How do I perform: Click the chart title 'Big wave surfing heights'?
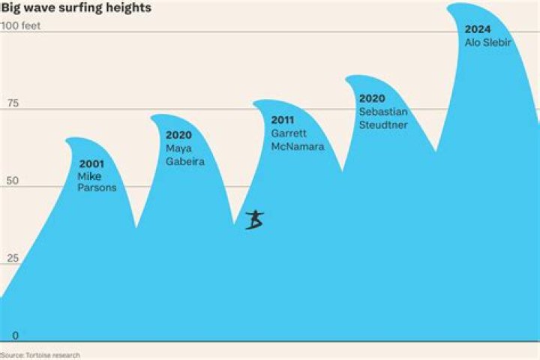point(76,7)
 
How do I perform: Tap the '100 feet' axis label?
point(21,25)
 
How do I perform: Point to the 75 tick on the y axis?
point(13,103)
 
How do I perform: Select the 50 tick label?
point(13,181)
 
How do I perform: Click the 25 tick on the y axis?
point(13,258)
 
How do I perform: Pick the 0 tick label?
point(16,335)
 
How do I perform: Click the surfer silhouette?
point(255,220)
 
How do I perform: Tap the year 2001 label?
point(91,164)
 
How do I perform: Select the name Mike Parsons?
point(97,182)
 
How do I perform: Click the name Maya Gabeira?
point(185,154)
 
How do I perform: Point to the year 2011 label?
point(283,120)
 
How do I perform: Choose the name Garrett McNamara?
point(298,139)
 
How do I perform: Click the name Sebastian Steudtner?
point(383,118)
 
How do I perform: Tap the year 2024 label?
point(478,29)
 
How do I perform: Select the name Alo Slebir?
point(488,42)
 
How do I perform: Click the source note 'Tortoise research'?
point(52,355)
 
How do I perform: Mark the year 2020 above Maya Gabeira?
point(178,135)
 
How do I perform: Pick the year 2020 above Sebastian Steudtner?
point(372,98)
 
